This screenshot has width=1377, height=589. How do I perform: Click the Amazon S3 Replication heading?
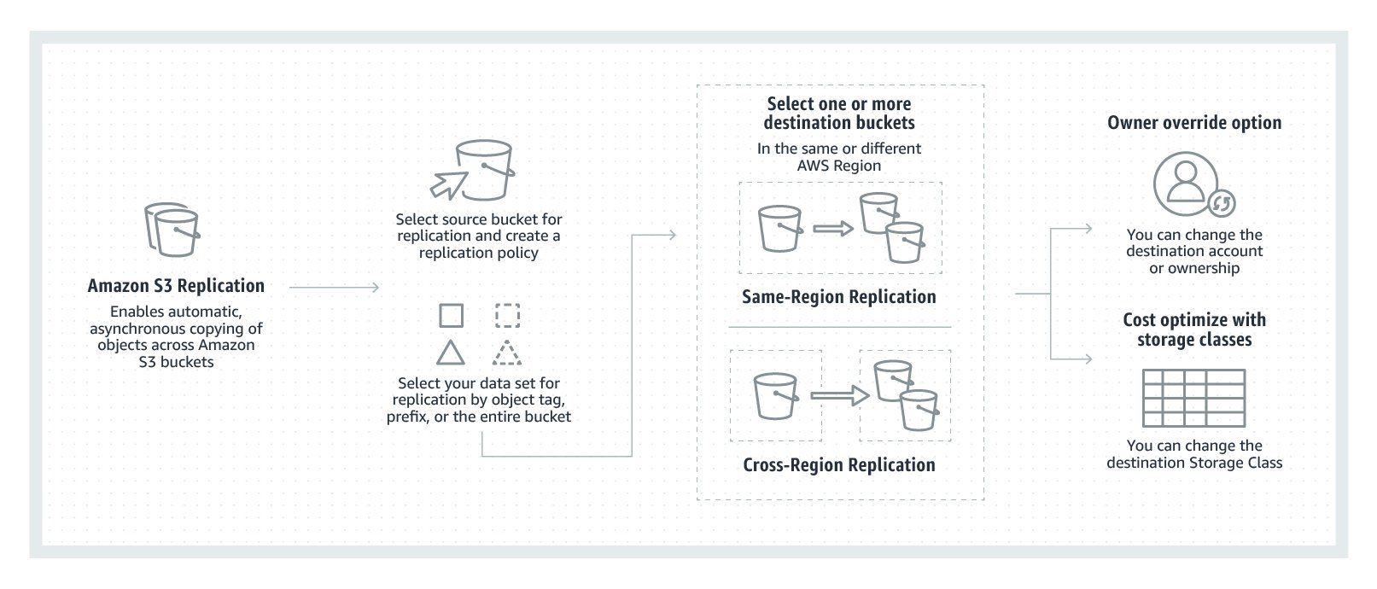coord(176,286)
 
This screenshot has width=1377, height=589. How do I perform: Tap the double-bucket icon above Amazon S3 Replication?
coord(172,230)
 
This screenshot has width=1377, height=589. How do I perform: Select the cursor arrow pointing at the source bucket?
coord(448,181)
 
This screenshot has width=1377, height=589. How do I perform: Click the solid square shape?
coord(451,316)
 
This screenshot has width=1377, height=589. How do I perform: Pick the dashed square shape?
coord(507,316)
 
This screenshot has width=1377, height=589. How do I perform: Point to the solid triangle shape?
coord(451,353)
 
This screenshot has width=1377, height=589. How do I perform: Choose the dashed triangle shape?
coord(507,353)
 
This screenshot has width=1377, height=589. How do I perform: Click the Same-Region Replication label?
coord(838,297)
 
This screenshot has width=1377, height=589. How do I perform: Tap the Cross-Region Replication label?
coord(838,465)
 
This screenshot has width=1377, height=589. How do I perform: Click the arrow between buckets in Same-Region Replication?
coord(833,228)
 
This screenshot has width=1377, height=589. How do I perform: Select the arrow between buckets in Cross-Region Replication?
coord(838,395)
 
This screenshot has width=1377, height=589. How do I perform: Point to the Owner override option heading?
coord(1193,123)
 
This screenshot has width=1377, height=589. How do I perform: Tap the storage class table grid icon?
coord(1193,398)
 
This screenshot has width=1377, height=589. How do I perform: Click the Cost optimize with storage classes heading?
coord(1193,329)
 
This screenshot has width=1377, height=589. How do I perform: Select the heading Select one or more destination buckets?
coord(838,113)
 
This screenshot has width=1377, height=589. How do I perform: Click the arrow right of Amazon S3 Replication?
coord(334,288)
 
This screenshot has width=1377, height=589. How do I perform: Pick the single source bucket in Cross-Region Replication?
coord(775,395)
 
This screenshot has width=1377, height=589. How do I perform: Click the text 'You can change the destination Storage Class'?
coord(1193,454)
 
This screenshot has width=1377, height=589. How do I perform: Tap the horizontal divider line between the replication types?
coord(838,327)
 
